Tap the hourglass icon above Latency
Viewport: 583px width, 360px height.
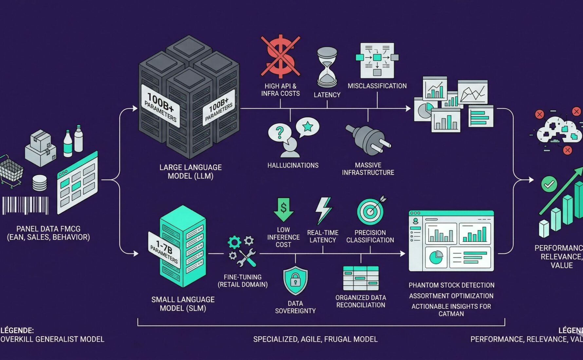click(327, 67)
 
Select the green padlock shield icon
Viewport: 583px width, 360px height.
click(295, 280)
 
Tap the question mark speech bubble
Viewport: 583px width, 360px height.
click(279, 133)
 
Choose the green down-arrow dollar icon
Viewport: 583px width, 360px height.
click(283, 209)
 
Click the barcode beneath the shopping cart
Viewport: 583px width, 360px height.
click(26, 206)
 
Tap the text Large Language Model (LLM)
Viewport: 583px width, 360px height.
click(190, 172)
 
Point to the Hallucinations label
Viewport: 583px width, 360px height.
click(293, 166)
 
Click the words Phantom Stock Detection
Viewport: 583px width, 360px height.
click(451, 285)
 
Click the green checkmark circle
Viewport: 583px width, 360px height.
click(549, 184)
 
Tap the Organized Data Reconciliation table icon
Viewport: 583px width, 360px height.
click(361, 278)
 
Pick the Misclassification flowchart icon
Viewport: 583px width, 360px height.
click(377, 60)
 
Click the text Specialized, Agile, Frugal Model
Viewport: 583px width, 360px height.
click(315, 339)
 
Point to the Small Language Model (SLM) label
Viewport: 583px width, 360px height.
click(183, 304)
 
